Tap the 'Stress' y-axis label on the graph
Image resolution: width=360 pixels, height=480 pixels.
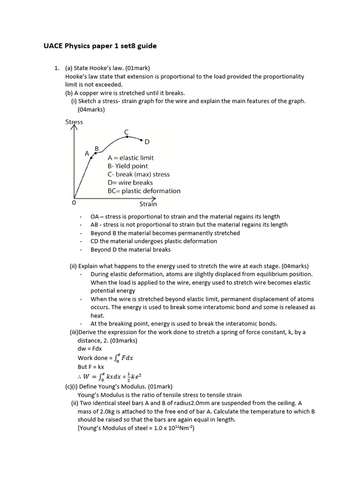[x=74, y=122]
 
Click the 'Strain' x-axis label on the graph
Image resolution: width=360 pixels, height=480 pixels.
[x=148, y=204]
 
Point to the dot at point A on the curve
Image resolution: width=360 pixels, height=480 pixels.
[x=91, y=158]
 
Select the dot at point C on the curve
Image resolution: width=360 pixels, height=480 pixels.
[x=127, y=137]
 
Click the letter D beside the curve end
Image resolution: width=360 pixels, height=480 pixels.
[x=147, y=142]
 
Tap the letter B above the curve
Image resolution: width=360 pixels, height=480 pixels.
[x=97, y=149]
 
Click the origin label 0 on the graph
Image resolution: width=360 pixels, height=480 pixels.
[x=74, y=203]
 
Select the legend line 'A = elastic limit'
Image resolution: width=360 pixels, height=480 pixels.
[x=130, y=158]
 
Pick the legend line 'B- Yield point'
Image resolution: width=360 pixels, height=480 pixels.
[x=127, y=166]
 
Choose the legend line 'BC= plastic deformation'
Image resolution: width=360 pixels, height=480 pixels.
[x=144, y=191]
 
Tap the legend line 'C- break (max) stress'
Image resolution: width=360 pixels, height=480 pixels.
[x=139, y=174]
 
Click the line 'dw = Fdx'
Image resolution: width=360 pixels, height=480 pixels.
[x=90, y=349]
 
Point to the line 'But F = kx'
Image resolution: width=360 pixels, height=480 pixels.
[x=91, y=367]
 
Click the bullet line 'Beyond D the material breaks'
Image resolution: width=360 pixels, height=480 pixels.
[x=131, y=249]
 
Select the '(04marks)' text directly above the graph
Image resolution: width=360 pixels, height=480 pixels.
[x=91, y=110]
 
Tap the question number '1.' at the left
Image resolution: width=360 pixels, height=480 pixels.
[x=58, y=68]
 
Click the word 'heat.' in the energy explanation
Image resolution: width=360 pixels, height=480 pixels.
[x=97, y=315]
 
